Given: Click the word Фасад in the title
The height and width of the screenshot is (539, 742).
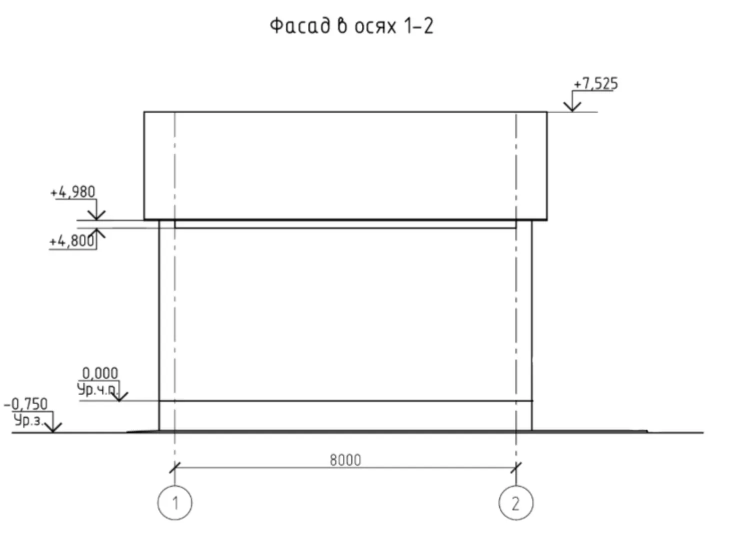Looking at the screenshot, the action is pyautogui.click(x=300, y=26).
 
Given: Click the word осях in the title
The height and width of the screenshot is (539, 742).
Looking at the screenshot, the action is pyautogui.click(x=375, y=26).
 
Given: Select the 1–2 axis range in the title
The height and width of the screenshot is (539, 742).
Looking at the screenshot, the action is pyautogui.click(x=419, y=26).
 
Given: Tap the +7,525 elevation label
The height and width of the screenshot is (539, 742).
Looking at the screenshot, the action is pyautogui.click(x=596, y=83).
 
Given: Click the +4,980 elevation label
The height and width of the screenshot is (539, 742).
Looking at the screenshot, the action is pyautogui.click(x=72, y=192).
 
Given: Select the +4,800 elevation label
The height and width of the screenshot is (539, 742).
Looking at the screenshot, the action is pyautogui.click(x=72, y=241).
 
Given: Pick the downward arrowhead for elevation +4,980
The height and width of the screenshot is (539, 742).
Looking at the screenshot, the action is pyautogui.click(x=96, y=215).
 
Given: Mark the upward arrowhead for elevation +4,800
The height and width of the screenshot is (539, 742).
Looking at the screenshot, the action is pyautogui.click(x=96, y=233).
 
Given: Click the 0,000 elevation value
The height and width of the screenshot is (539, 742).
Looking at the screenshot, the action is pyautogui.click(x=100, y=374).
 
